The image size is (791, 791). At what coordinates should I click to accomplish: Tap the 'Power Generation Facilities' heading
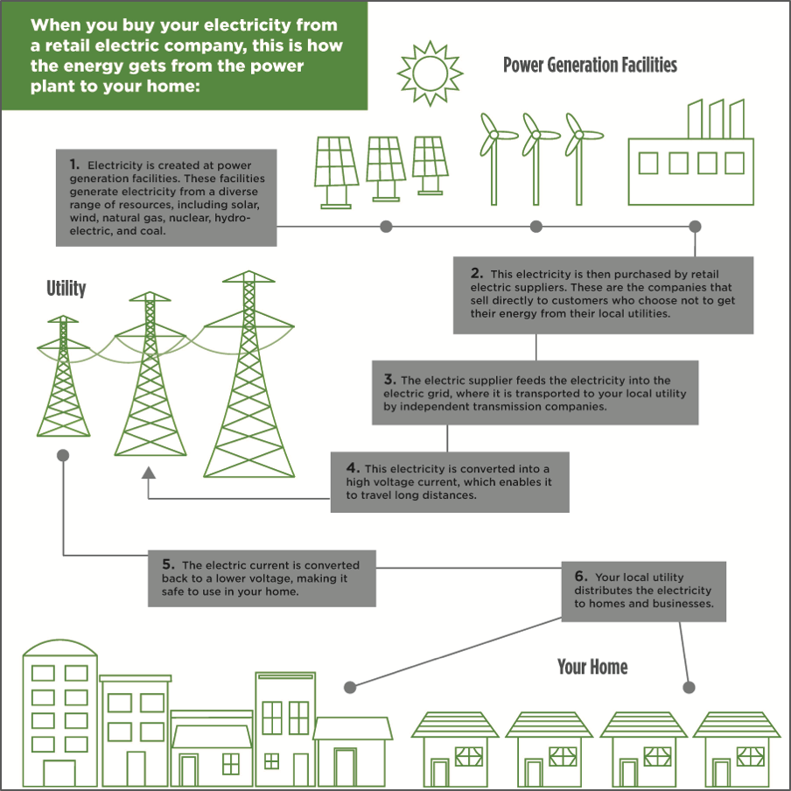[590, 66]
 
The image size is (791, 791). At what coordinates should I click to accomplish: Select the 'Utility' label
[66, 288]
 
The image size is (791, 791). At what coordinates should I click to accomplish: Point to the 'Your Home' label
[592, 668]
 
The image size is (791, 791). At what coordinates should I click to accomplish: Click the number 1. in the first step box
[74, 164]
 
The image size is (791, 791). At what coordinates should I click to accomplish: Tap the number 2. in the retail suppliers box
[476, 274]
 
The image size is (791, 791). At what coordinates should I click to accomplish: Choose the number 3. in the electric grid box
[390, 380]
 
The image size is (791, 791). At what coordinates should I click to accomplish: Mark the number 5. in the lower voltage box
[169, 564]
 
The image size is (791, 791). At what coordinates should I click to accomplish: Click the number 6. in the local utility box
[582, 577]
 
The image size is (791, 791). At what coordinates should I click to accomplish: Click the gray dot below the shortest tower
[63, 456]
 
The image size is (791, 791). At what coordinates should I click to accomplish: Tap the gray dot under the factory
[696, 227]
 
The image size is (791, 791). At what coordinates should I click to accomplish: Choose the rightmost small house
[737, 748]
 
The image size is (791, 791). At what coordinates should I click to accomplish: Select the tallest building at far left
[59, 714]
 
